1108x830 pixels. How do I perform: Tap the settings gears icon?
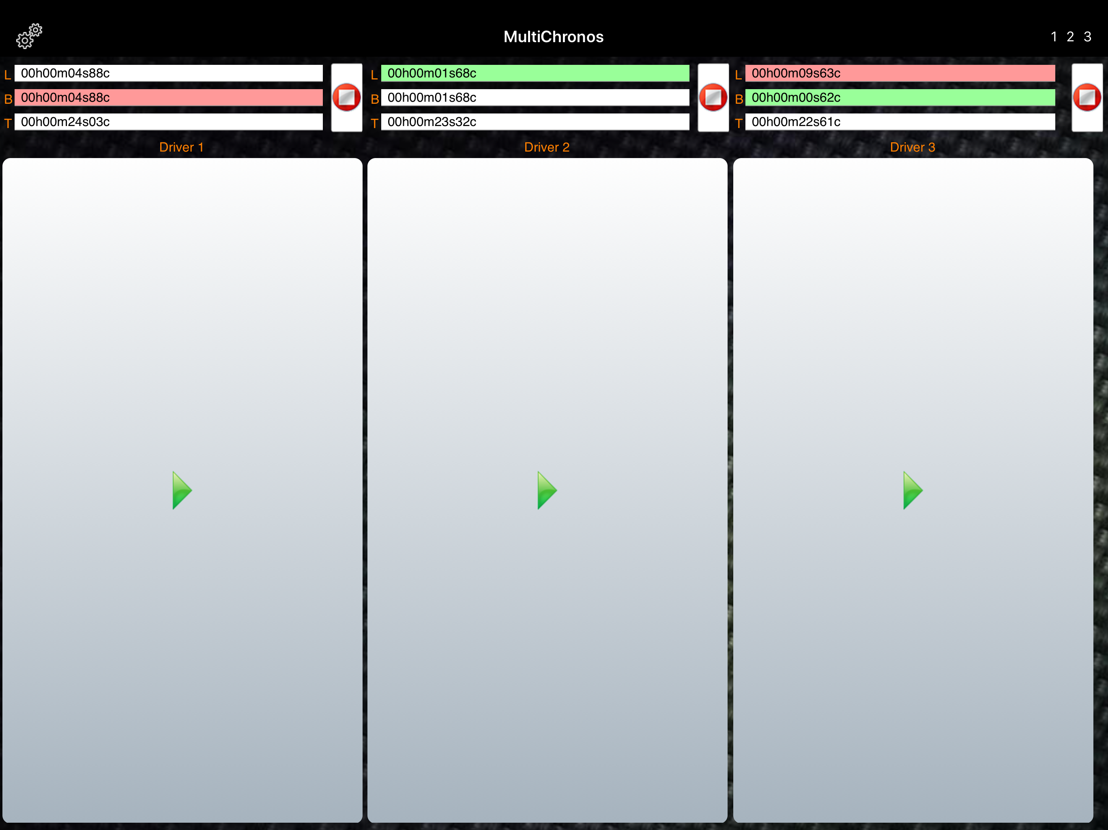point(29,36)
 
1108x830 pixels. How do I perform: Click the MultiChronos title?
point(554,36)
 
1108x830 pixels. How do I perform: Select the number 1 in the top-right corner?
point(1054,36)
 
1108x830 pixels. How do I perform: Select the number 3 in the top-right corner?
point(1087,36)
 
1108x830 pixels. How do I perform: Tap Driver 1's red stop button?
point(347,97)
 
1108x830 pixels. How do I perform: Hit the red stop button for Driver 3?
point(1087,97)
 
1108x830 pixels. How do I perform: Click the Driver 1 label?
point(181,147)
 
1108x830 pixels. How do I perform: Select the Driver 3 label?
point(913,147)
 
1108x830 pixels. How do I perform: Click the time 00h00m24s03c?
point(65,122)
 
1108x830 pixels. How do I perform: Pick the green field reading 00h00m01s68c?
point(535,73)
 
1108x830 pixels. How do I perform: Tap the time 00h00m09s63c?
point(796,73)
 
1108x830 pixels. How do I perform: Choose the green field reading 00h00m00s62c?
point(900,98)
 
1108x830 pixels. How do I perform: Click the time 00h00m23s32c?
point(432,122)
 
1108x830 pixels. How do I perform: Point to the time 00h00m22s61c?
point(796,122)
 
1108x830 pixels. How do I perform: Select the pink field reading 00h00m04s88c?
point(168,98)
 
